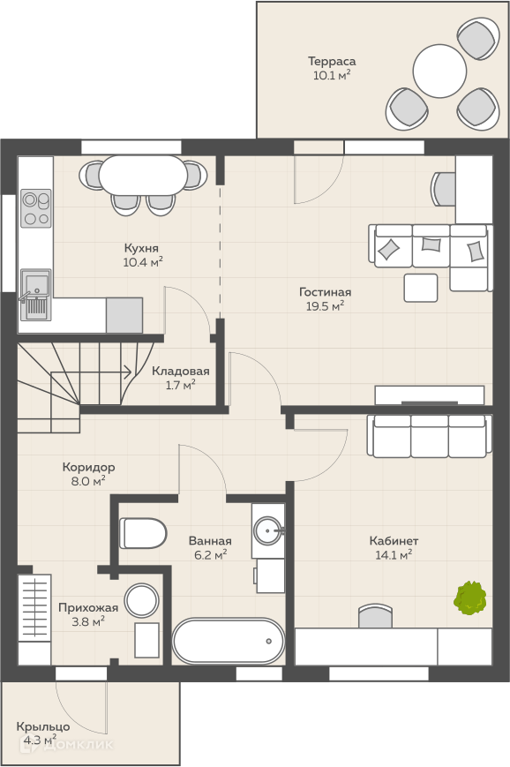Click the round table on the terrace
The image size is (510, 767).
coord(439,71)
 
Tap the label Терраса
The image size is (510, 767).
coord(332,61)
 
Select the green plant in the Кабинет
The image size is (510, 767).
coord(470,598)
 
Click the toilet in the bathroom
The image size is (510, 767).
coord(143,533)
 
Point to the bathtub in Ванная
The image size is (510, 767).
coord(228,641)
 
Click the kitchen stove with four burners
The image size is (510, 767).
coord(35,208)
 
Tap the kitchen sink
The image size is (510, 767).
coord(35,294)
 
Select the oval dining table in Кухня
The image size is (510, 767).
coord(143,175)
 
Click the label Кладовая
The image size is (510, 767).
coord(180,371)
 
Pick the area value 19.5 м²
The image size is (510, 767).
coord(324,306)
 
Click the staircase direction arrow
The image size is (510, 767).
coord(91,372)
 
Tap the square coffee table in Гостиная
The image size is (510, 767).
coord(421,288)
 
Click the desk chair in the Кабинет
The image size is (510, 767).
coord(376,616)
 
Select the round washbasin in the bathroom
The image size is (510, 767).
coord(267,530)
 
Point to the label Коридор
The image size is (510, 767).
coord(88,467)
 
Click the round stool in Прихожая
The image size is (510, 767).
coord(141,600)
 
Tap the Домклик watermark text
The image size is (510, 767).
coord(78,745)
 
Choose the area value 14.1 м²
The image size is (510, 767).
coord(394,554)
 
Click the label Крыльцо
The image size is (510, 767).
coord(43,726)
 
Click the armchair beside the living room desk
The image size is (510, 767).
coord(444,189)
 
